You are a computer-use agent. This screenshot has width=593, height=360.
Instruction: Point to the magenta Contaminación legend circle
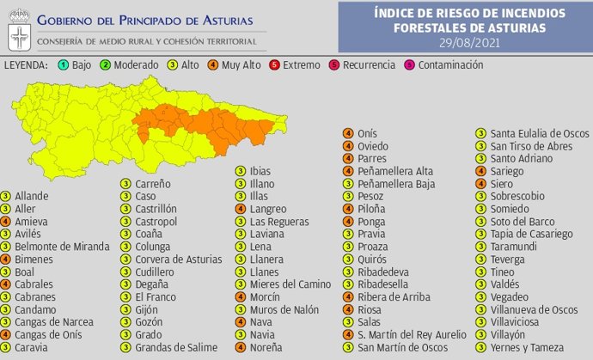[x=409, y=64]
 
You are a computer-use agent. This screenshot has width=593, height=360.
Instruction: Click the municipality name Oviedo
[x=373, y=146]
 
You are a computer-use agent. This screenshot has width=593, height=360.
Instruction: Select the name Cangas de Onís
[x=47, y=334]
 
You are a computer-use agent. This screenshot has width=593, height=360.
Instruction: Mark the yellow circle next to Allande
[x=6, y=196]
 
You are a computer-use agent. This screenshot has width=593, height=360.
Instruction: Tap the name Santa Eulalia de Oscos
[x=539, y=133]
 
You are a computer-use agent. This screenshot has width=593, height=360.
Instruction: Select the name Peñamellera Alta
[x=395, y=171]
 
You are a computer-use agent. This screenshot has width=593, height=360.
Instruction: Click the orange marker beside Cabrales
[x=6, y=284]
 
